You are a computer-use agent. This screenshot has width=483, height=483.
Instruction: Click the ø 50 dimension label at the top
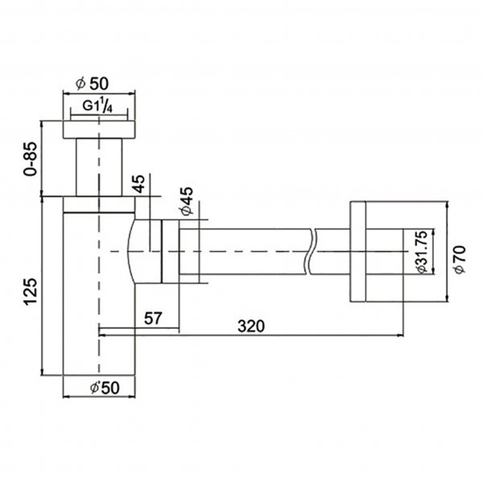point(92,84)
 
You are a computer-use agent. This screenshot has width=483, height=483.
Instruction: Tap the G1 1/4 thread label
point(97,106)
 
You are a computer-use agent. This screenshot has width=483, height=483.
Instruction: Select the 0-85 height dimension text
point(31,159)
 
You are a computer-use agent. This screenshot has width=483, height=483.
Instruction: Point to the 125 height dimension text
point(31,291)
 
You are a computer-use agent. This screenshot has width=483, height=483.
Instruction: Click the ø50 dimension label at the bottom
point(105,387)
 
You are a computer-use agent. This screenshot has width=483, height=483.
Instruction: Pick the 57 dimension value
point(153,318)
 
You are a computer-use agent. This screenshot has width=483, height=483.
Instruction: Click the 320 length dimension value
point(251,326)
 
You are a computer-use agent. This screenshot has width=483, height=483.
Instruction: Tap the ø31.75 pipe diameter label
point(421,252)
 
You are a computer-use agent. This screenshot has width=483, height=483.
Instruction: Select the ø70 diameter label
point(460,259)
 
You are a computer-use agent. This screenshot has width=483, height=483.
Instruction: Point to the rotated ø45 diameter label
point(187,200)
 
